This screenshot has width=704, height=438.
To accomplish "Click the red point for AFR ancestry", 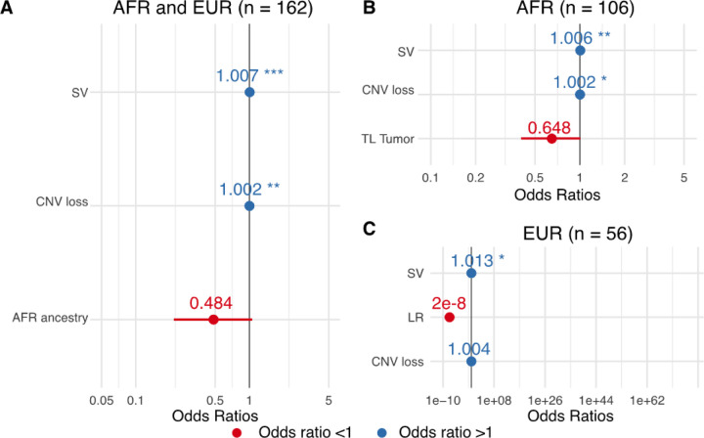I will (x=213, y=320).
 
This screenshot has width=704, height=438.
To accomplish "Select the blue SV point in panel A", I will (x=249, y=92).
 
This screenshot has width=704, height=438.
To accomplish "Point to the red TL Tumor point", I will (x=551, y=139).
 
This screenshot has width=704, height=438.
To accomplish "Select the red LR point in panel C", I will (x=450, y=317).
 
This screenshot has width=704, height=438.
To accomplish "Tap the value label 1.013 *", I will (x=485, y=260).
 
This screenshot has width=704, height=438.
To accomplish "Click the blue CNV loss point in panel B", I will (x=580, y=95).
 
